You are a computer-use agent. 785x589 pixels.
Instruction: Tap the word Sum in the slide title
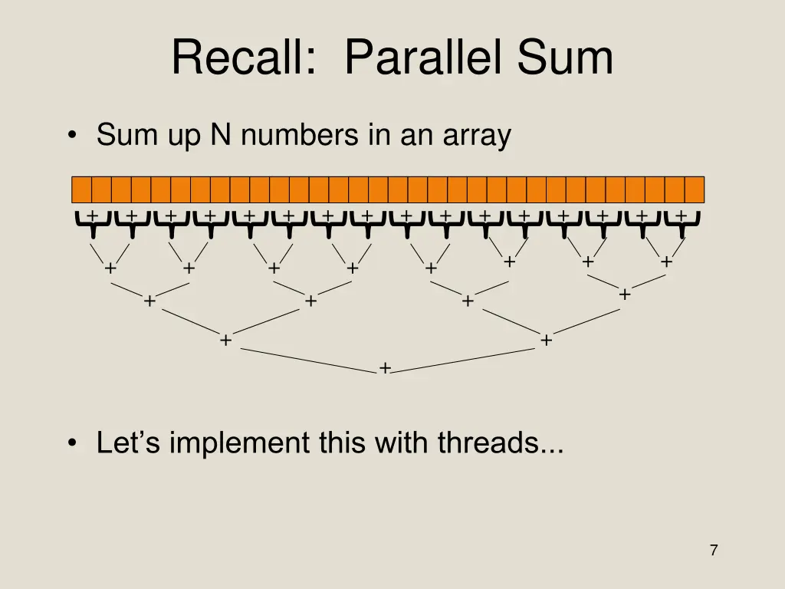[566, 58]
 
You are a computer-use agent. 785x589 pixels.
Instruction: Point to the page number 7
[714, 550]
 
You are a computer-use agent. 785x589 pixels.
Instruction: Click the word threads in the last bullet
[489, 443]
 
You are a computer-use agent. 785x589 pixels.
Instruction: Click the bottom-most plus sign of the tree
[385, 369]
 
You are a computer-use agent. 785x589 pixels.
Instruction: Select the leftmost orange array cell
[81, 189]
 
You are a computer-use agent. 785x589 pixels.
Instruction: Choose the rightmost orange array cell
[694, 189]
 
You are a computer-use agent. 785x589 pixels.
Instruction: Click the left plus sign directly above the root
[225, 340]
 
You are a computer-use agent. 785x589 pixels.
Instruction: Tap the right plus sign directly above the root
[546, 340]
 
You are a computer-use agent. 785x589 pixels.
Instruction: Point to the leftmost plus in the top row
[92, 216]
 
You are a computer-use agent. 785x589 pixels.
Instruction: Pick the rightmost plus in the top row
[681, 216]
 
